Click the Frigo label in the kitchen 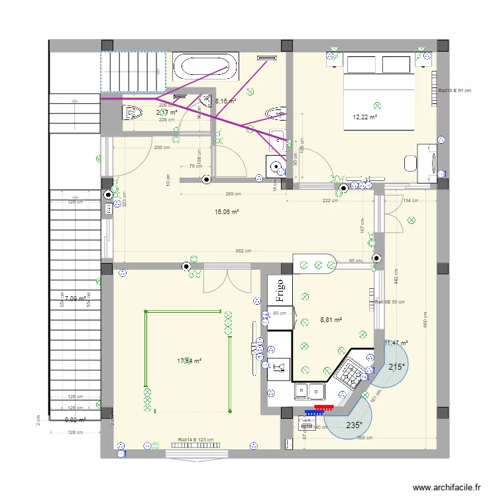click(279, 290)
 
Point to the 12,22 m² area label click(365, 117)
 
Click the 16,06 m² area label click(227, 212)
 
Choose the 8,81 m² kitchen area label click(331, 319)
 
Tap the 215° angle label click(397, 367)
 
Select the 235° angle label click(354, 426)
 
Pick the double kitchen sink click(305, 392)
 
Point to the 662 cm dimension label click(243, 251)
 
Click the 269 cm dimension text click(232, 194)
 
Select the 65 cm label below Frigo click(280, 313)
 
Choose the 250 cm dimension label click(162, 148)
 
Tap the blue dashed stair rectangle click(133, 72)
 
